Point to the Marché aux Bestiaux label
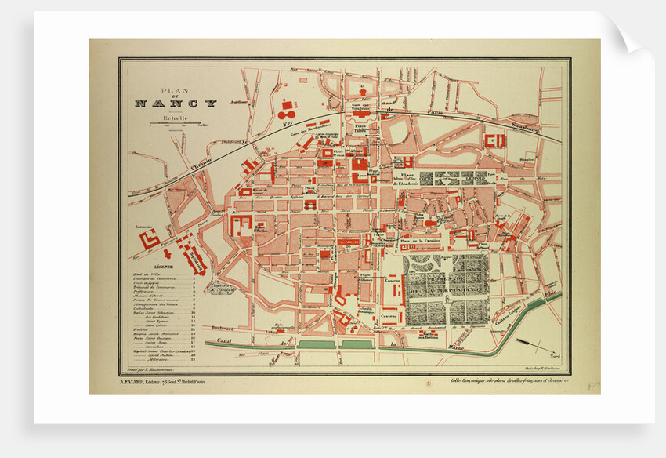pyautogui.click(x=428, y=336)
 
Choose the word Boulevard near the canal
pyautogui.click(x=224, y=329)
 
